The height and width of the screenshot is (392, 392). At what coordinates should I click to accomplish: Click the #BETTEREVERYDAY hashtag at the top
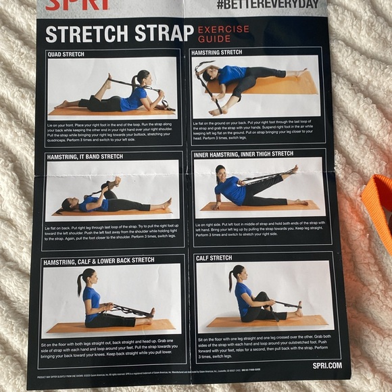coord(268,5)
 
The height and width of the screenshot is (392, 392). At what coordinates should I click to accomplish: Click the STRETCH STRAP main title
coord(119,34)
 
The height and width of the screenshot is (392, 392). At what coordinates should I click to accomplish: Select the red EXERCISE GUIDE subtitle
coord(222,34)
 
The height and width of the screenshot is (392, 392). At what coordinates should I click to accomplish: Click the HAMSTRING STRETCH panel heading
coord(217,52)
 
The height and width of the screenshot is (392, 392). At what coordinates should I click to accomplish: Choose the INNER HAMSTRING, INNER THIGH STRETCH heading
coord(244,155)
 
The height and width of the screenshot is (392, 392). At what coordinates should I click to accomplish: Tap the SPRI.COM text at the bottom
coord(327,365)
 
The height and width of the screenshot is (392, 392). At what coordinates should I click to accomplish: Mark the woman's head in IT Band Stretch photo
coord(67,203)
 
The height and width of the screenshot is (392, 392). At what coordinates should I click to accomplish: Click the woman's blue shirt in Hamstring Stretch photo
coord(232,74)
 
